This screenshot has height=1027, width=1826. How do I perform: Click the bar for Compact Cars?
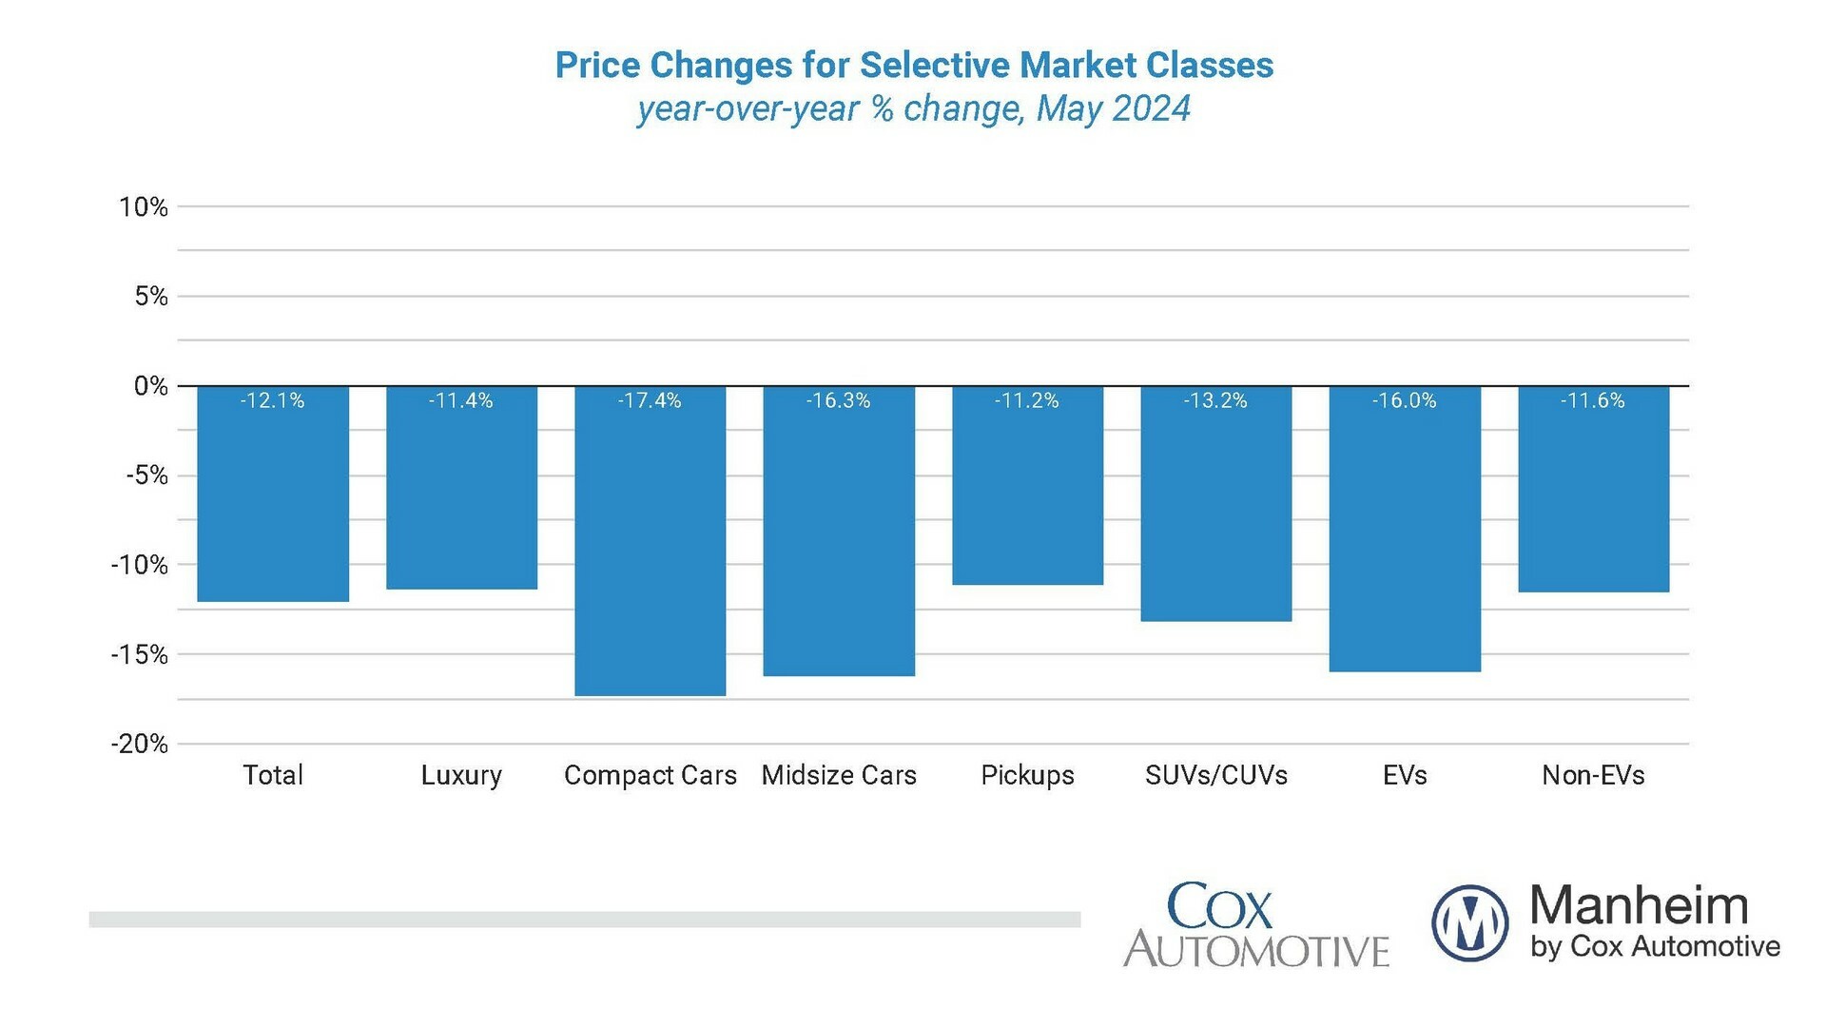click(650, 542)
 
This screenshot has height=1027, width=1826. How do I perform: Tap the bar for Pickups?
click(1027, 486)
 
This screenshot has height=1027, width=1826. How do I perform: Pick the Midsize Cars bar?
click(839, 532)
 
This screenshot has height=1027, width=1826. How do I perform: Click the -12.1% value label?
click(272, 401)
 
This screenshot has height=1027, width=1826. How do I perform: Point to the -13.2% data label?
click(1215, 401)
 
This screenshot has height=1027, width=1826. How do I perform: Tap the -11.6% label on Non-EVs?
click(1592, 401)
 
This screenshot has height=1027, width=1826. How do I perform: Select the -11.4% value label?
click(460, 401)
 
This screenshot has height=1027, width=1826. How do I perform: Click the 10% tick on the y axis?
click(144, 207)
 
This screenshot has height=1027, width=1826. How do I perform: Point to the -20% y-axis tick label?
click(140, 744)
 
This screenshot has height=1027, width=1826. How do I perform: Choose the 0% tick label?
click(150, 386)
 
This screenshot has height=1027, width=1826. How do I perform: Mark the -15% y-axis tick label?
click(140, 654)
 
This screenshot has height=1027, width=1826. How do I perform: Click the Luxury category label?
click(461, 776)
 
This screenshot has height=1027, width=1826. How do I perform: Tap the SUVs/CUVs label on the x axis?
click(1216, 776)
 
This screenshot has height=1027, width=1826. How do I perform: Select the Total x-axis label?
click(273, 776)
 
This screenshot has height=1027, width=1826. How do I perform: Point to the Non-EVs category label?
click(1593, 776)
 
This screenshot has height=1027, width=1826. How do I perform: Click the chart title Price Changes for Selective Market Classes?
click(914, 66)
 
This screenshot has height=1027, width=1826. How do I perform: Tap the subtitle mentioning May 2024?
click(914, 109)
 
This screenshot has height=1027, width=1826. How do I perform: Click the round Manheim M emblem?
click(1469, 922)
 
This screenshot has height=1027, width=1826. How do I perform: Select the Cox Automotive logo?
click(1255, 925)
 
